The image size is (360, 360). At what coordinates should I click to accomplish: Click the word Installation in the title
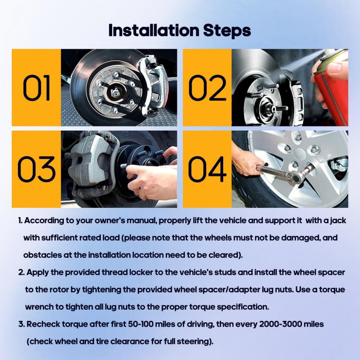[x=153, y=30]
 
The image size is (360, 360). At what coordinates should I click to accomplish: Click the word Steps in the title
[x=227, y=31]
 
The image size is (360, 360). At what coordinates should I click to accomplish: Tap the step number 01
[x=36, y=88]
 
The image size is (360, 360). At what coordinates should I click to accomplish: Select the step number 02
[x=207, y=88]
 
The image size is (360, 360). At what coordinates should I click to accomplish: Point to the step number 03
[x=36, y=169]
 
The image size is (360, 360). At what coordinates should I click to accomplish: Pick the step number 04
[x=207, y=169]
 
